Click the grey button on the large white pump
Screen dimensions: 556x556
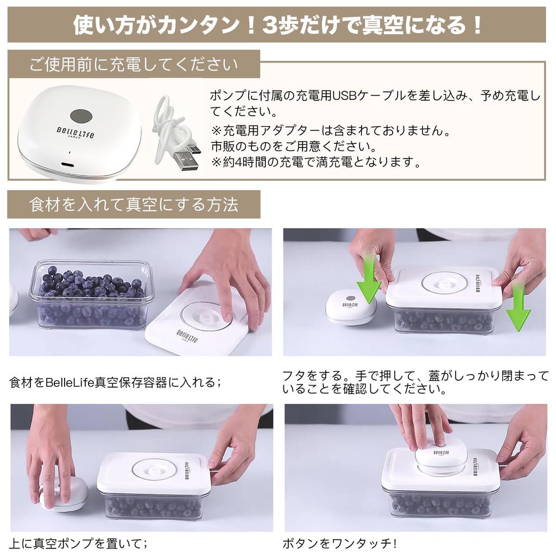[x=81, y=116]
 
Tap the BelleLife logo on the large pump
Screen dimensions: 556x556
[x=75, y=132]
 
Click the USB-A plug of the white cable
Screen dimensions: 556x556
[x=185, y=162]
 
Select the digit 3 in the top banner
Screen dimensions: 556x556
[x=270, y=26]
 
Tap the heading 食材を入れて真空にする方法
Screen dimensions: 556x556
[x=134, y=205]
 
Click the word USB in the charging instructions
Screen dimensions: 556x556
[x=344, y=96]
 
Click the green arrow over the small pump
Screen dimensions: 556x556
[x=369, y=276]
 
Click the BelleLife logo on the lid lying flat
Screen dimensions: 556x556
[x=187, y=337]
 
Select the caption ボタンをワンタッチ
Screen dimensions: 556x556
[x=339, y=543]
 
